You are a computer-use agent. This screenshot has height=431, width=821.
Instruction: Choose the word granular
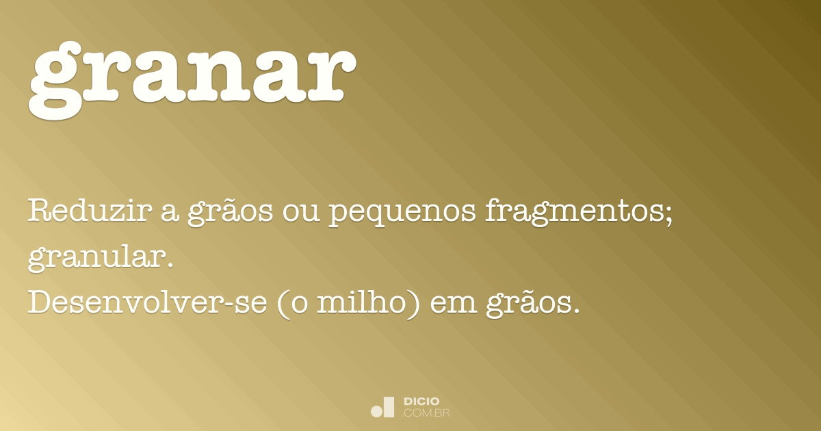(96, 259)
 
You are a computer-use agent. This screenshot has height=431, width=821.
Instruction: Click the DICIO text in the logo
(421, 401)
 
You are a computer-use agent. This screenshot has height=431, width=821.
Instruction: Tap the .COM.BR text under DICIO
(426, 413)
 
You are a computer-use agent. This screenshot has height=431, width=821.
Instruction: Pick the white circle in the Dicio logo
(376, 411)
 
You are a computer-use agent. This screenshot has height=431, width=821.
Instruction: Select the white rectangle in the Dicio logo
(389, 407)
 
